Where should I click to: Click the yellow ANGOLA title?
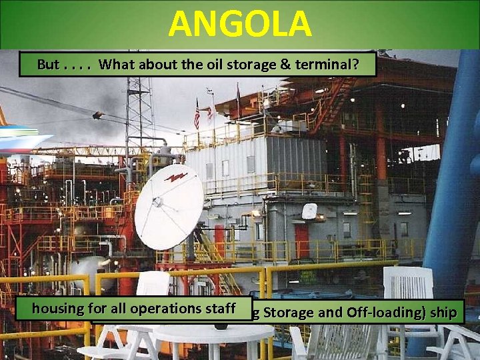(x=239, y=25)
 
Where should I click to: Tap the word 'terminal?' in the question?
(x=334, y=65)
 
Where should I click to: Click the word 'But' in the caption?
(x=49, y=65)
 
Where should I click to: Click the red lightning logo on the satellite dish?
(x=175, y=177)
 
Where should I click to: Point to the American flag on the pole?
(x=197, y=114)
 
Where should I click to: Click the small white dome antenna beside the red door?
(x=309, y=211)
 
